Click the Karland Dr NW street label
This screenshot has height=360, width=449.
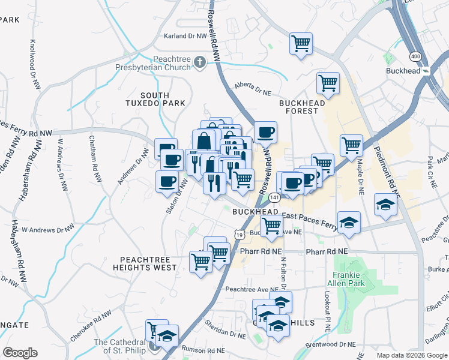tap(185, 36)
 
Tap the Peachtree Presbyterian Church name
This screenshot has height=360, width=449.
tap(155, 62)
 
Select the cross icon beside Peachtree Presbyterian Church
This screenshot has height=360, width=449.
tap(200, 62)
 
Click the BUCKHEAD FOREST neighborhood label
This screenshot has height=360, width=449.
tap(302, 107)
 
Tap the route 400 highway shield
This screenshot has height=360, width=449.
tap(414, 56)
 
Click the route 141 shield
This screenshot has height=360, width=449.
tap(275, 197)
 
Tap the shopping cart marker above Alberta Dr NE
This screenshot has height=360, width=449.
tap(301, 43)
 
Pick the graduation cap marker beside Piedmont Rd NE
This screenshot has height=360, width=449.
tap(385, 205)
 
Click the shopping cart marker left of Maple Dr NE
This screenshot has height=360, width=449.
tap(351, 144)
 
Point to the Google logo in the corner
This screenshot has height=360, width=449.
tap(20, 352)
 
